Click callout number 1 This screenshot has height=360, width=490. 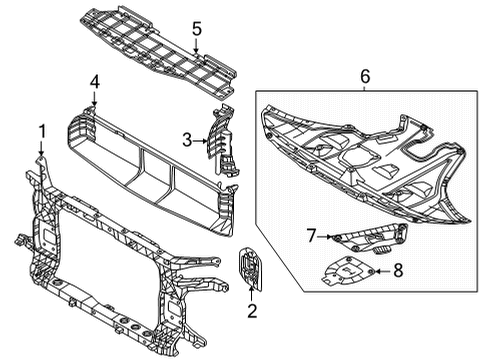(41, 130)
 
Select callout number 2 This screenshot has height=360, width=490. (252, 311)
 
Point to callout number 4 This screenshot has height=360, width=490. (94, 83)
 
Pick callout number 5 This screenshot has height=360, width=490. (197, 28)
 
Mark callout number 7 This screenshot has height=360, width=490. (311, 235)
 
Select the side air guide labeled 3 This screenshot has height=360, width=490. (223, 150)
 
